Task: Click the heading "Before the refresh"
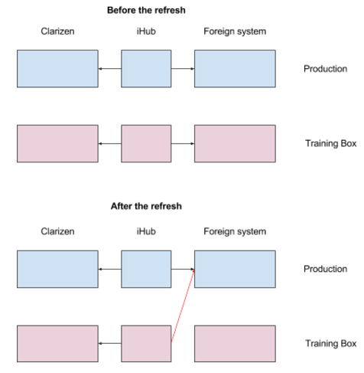pyautogui.click(x=146, y=10)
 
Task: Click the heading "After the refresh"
pyautogui.click(x=146, y=206)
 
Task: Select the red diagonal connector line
pyautogui.click(x=183, y=306)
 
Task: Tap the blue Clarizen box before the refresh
pyautogui.click(x=57, y=69)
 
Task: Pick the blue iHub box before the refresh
pyautogui.click(x=146, y=69)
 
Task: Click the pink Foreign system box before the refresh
pyautogui.click(x=235, y=143)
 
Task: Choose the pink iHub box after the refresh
pyautogui.click(x=146, y=344)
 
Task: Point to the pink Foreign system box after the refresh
pyautogui.click(x=235, y=344)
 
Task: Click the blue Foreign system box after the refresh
pyautogui.click(x=235, y=269)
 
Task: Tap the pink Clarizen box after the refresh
pyautogui.click(x=57, y=344)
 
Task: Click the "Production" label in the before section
pyautogui.click(x=325, y=69)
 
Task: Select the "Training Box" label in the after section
pyautogui.click(x=330, y=344)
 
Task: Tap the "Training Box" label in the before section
pyautogui.click(x=330, y=143)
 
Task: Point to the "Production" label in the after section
pyautogui.click(x=325, y=269)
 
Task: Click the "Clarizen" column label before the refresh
pyautogui.click(x=57, y=31)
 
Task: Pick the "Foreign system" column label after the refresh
pyautogui.click(x=235, y=231)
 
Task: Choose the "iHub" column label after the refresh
pyautogui.click(x=146, y=231)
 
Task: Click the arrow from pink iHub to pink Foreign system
pyautogui.click(x=183, y=143)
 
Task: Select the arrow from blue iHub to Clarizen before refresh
pyautogui.click(x=110, y=69)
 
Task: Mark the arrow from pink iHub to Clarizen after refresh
pyautogui.click(x=110, y=343)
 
